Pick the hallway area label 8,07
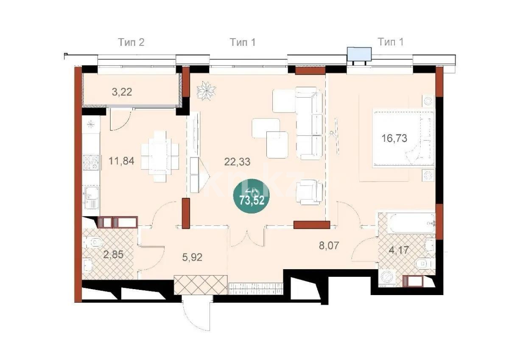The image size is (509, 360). coord(331,245)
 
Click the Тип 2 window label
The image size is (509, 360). coord(131,42)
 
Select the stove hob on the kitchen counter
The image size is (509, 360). coord(90,163)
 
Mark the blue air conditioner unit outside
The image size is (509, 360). coord(359,54)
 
